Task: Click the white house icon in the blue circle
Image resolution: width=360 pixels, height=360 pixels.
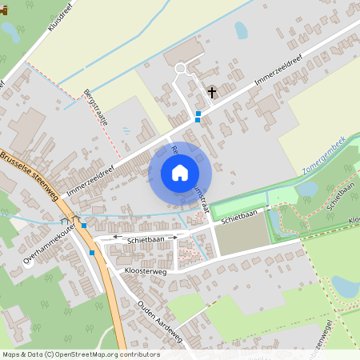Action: point(180,172)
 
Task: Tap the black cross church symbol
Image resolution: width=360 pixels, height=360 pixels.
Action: point(212,93)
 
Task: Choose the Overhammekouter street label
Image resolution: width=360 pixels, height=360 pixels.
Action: point(50,243)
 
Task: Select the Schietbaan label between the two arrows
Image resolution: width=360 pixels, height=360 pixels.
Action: point(145,238)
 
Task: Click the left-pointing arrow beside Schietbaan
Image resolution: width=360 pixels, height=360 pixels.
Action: point(115,238)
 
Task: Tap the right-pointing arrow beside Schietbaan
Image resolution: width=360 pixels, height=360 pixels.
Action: point(174,238)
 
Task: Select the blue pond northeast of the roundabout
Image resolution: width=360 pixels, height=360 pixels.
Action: point(241,30)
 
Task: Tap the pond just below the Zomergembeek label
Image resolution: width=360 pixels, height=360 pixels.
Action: point(306,189)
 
